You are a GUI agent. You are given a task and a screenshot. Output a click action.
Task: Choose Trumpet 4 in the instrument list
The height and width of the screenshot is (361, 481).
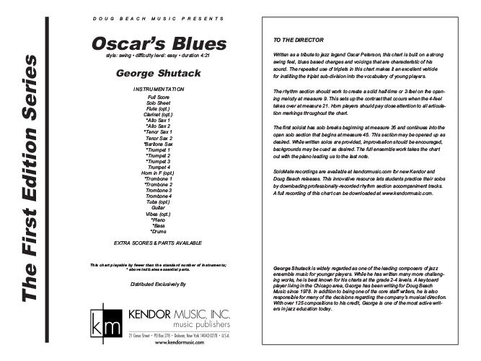159,168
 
